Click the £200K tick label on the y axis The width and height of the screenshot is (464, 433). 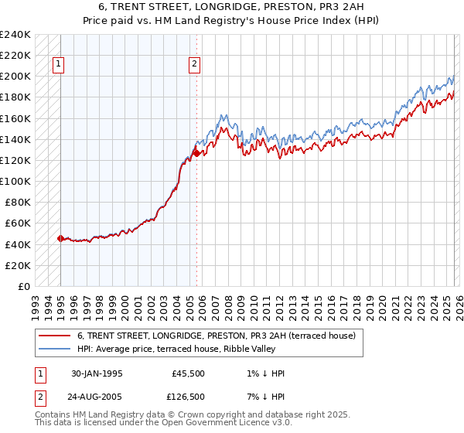pyautogui.click(x=15, y=77)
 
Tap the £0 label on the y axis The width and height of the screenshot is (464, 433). pyautogui.click(x=25, y=286)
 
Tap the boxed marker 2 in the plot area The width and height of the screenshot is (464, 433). pyautogui.click(x=194, y=65)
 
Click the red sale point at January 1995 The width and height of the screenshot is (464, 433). pyautogui.click(x=60, y=238)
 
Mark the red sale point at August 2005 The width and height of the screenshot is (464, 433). pyautogui.click(x=196, y=153)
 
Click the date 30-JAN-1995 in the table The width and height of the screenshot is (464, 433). pyautogui.click(x=97, y=373)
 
